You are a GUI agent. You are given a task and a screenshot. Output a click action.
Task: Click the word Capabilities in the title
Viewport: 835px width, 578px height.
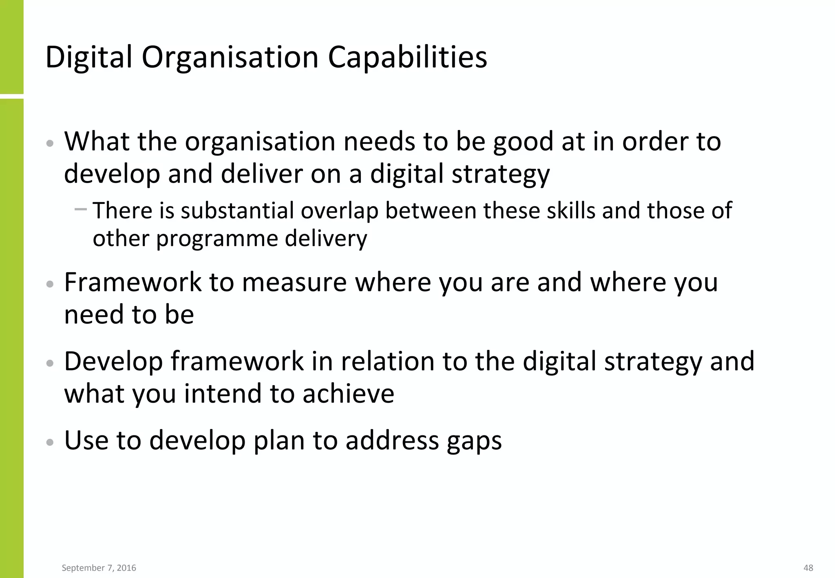pyautogui.click(x=407, y=57)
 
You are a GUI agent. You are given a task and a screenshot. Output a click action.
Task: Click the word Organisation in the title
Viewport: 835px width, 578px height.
pyautogui.click(x=230, y=57)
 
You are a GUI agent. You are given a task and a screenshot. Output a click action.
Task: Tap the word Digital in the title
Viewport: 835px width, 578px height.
pyautogui.click(x=89, y=57)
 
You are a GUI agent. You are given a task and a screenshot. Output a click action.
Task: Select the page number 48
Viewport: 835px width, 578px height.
pyautogui.click(x=808, y=568)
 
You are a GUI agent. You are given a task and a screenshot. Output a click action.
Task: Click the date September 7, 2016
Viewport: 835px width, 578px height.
pyautogui.click(x=99, y=568)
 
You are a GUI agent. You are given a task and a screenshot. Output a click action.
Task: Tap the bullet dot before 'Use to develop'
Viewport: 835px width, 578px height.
pyautogui.click(x=50, y=442)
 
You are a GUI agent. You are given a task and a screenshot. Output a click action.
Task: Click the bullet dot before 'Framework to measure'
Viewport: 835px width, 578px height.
pyautogui.click(x=50, y=284)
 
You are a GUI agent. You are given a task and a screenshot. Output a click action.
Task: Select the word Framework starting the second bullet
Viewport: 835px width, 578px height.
pyautogui.click(x=133, y=282)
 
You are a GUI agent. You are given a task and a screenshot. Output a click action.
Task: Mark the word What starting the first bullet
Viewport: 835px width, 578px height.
pyautogui.click(x=97, y=141)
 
